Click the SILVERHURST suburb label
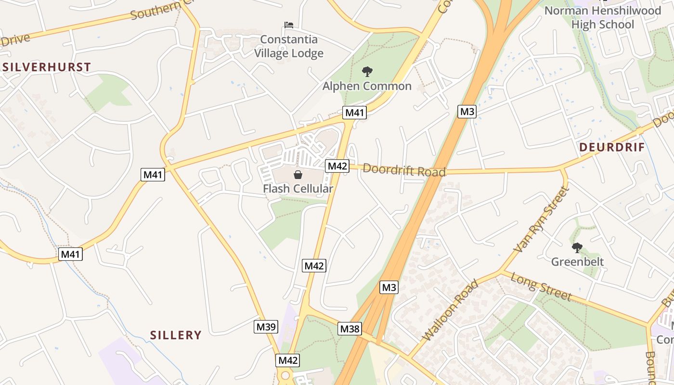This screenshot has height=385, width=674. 47,67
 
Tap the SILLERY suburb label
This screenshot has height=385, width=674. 176,335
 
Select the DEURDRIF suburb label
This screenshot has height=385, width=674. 611,147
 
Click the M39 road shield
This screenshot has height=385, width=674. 266,327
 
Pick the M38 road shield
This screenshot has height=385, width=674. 350,329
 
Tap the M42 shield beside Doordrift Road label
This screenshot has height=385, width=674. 337,166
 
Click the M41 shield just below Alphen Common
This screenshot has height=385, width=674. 355,113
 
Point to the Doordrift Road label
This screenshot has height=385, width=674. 404,170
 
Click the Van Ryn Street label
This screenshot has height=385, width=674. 542,219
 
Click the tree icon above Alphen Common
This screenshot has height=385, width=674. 367,72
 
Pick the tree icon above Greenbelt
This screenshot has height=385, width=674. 577,248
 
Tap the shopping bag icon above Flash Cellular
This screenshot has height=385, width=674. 298,174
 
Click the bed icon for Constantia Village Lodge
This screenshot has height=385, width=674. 289,25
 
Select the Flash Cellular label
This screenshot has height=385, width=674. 298,189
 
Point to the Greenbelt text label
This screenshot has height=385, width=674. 577,262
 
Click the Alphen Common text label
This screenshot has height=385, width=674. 367,86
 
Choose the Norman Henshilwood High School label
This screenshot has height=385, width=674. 602,17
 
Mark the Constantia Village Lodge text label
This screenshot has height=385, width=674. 289,46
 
